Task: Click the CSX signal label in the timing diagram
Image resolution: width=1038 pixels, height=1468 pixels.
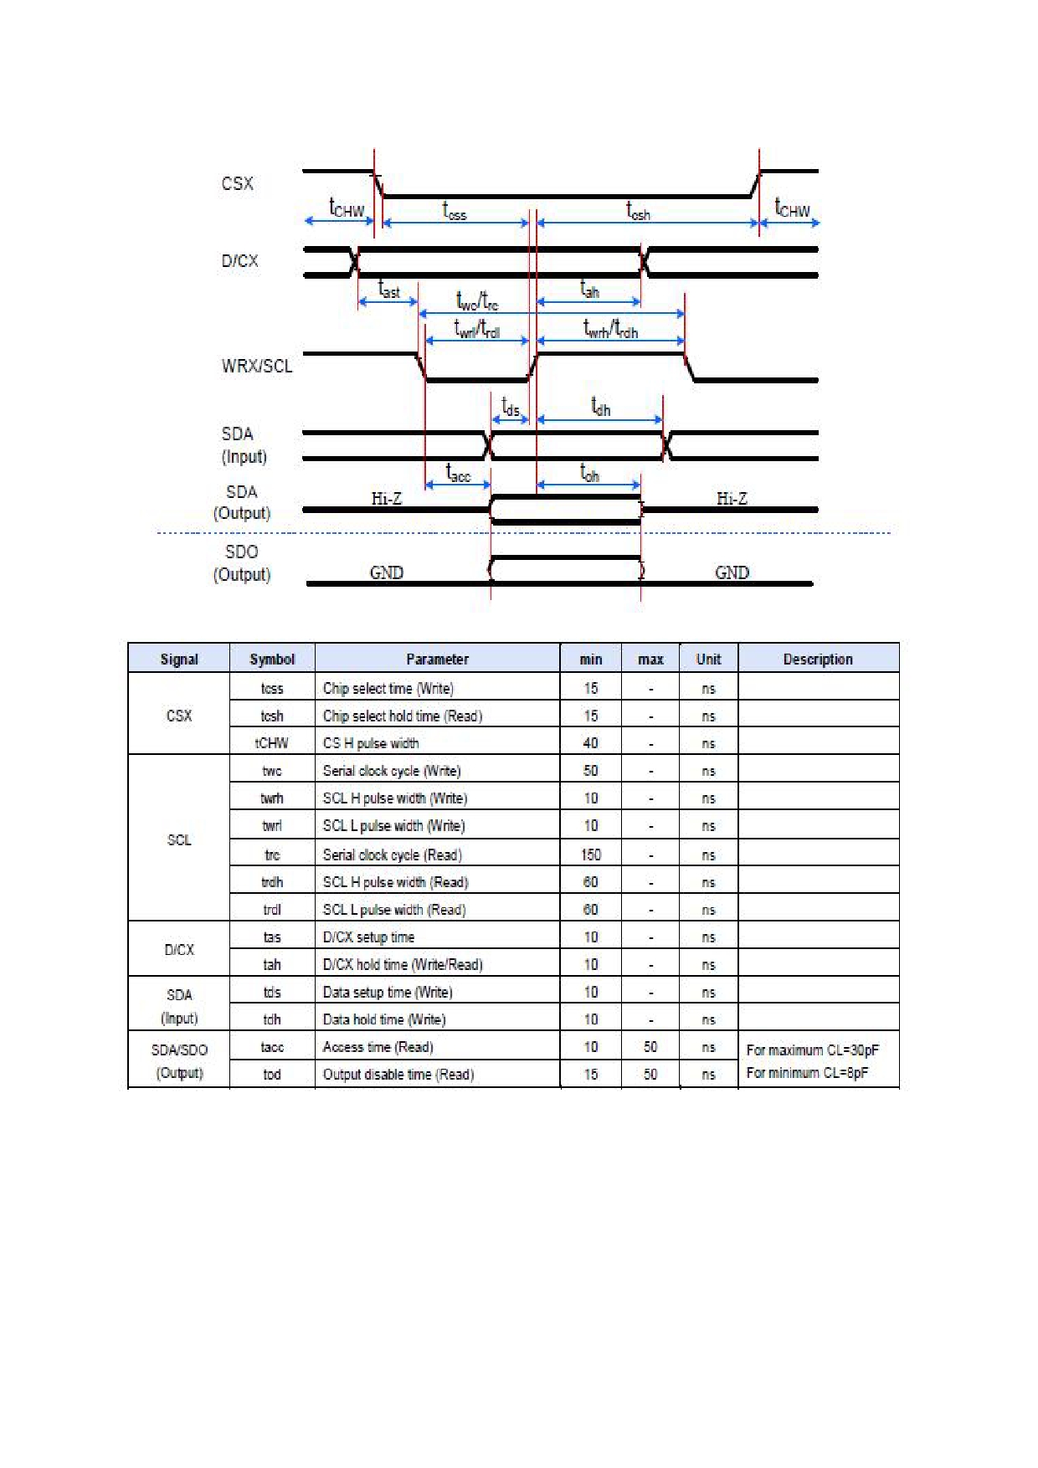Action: click(x=237, y=183)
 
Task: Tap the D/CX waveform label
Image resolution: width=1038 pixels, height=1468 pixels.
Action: click(x=239, y=261)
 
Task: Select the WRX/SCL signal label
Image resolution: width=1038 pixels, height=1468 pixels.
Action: click(x=257, y=366)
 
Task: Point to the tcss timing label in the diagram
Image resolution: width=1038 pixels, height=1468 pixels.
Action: click(x=455, y=211)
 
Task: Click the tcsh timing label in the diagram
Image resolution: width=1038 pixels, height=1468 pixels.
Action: click(x=638, y=211)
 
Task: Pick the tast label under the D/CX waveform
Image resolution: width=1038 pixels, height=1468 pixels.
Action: click(x=389, y=290)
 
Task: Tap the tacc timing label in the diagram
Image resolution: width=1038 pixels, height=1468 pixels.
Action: click(x=458, y=474)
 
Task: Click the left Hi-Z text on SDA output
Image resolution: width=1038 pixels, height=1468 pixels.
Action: click(x=387, y=499)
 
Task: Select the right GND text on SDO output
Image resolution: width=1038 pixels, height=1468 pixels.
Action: click(x=732, y=572)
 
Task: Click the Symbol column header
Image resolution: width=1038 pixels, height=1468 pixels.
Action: click(x=272, y=660)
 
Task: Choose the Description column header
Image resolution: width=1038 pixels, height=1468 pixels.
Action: click(x=818, y=660)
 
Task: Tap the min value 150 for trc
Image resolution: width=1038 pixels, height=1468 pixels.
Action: click(x=591, y=855)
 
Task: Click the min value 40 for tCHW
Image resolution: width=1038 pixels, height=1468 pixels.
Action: click(x=591, y=743)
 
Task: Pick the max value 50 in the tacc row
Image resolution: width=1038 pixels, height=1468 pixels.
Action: click(x=650, y=1047)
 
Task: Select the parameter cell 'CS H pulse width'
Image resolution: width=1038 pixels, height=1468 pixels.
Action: click(x=371, y=743)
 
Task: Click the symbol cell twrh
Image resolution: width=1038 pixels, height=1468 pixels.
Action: click(x=272, y=798)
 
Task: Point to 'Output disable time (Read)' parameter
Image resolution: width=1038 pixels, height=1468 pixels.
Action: click(x=398, y=1075)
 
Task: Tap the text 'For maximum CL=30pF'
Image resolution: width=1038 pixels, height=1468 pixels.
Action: click(x=813, y=1050)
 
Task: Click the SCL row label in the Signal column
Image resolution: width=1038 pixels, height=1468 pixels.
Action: click(x=179, y=839)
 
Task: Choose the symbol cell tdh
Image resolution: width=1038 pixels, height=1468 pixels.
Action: click(x=272, y=1019)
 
